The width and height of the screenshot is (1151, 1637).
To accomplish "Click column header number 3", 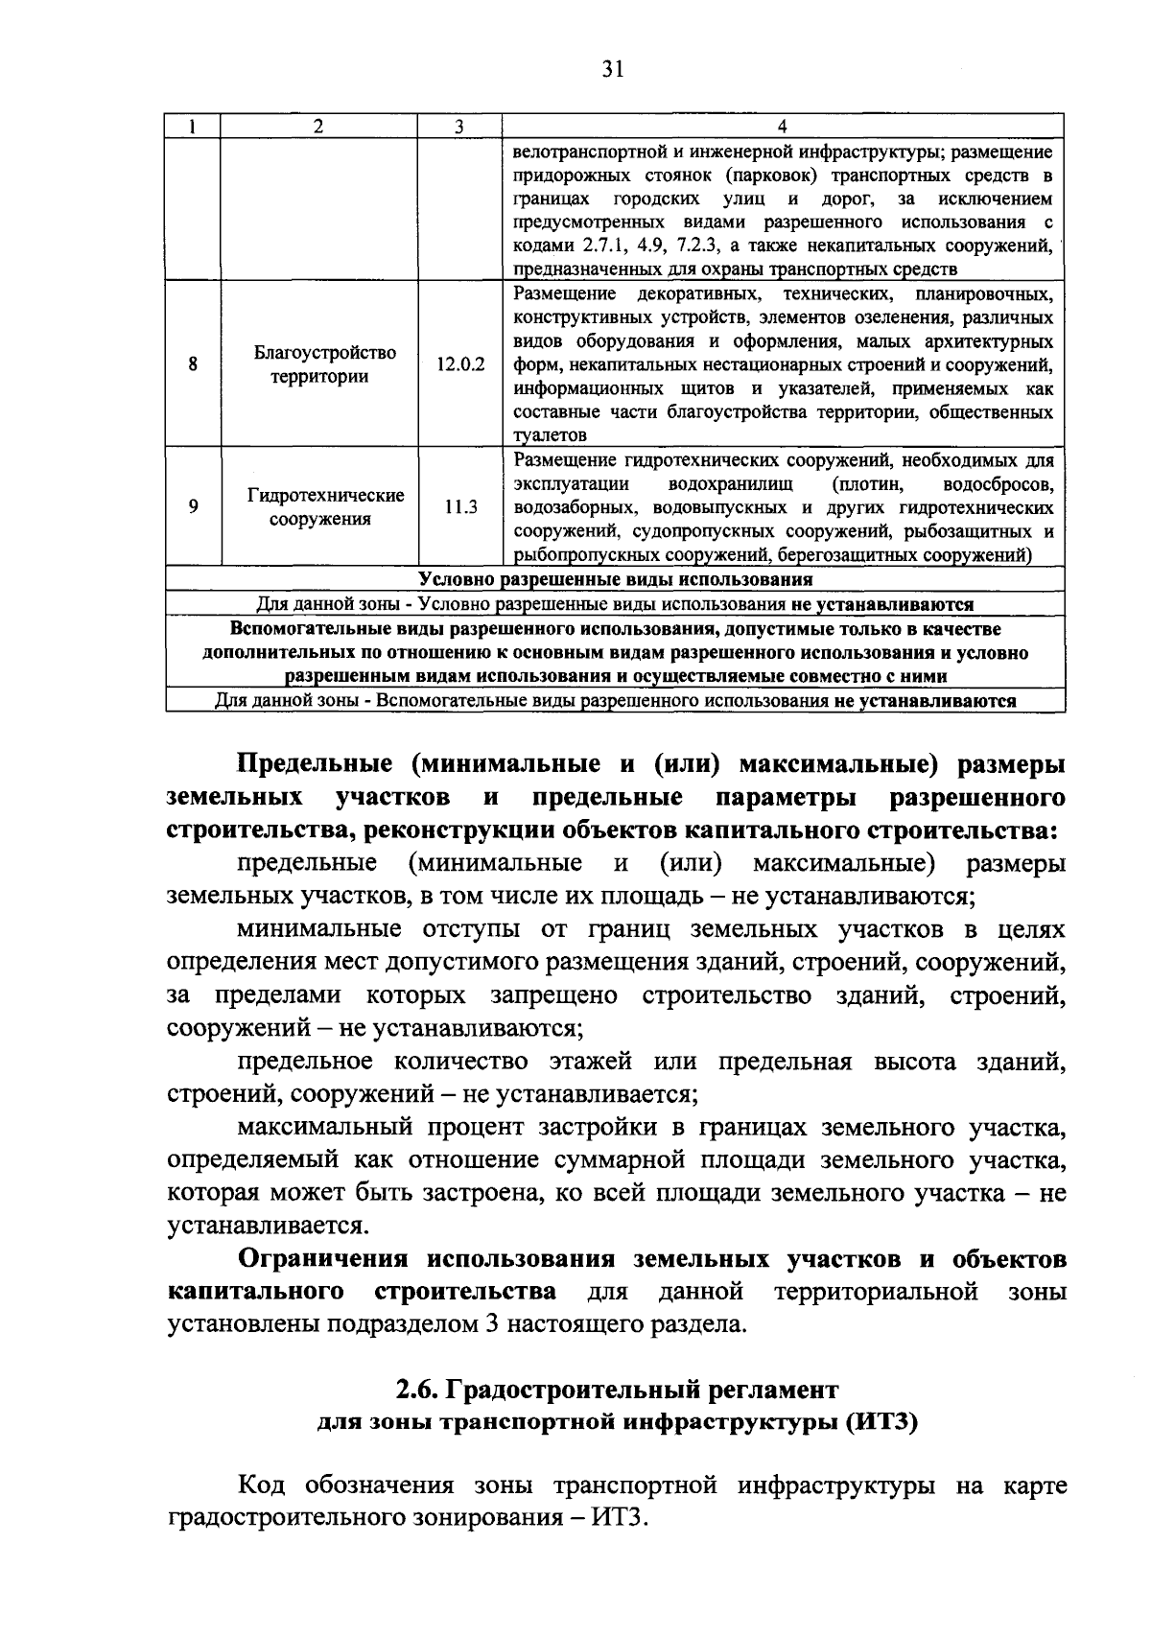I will [x=459, y=128].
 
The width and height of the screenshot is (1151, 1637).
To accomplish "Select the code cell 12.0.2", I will [x=459, y=365].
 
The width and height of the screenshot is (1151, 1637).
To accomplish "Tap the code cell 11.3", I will [x=459, y=507].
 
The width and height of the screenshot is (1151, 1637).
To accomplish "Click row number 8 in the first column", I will [x=193, y=364].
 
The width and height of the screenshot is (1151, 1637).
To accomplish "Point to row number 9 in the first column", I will [x=193, y=507].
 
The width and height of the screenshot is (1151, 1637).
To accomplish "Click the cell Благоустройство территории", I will [x=324, y=364].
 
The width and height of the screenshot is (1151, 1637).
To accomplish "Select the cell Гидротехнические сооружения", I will [x=324, y=507].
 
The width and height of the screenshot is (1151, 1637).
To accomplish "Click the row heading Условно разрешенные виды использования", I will [x=615, y=580].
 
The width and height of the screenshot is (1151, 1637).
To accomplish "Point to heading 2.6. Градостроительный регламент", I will [x=617, y=1390].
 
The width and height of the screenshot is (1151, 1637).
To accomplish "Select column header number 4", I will [x=782, y=128].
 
